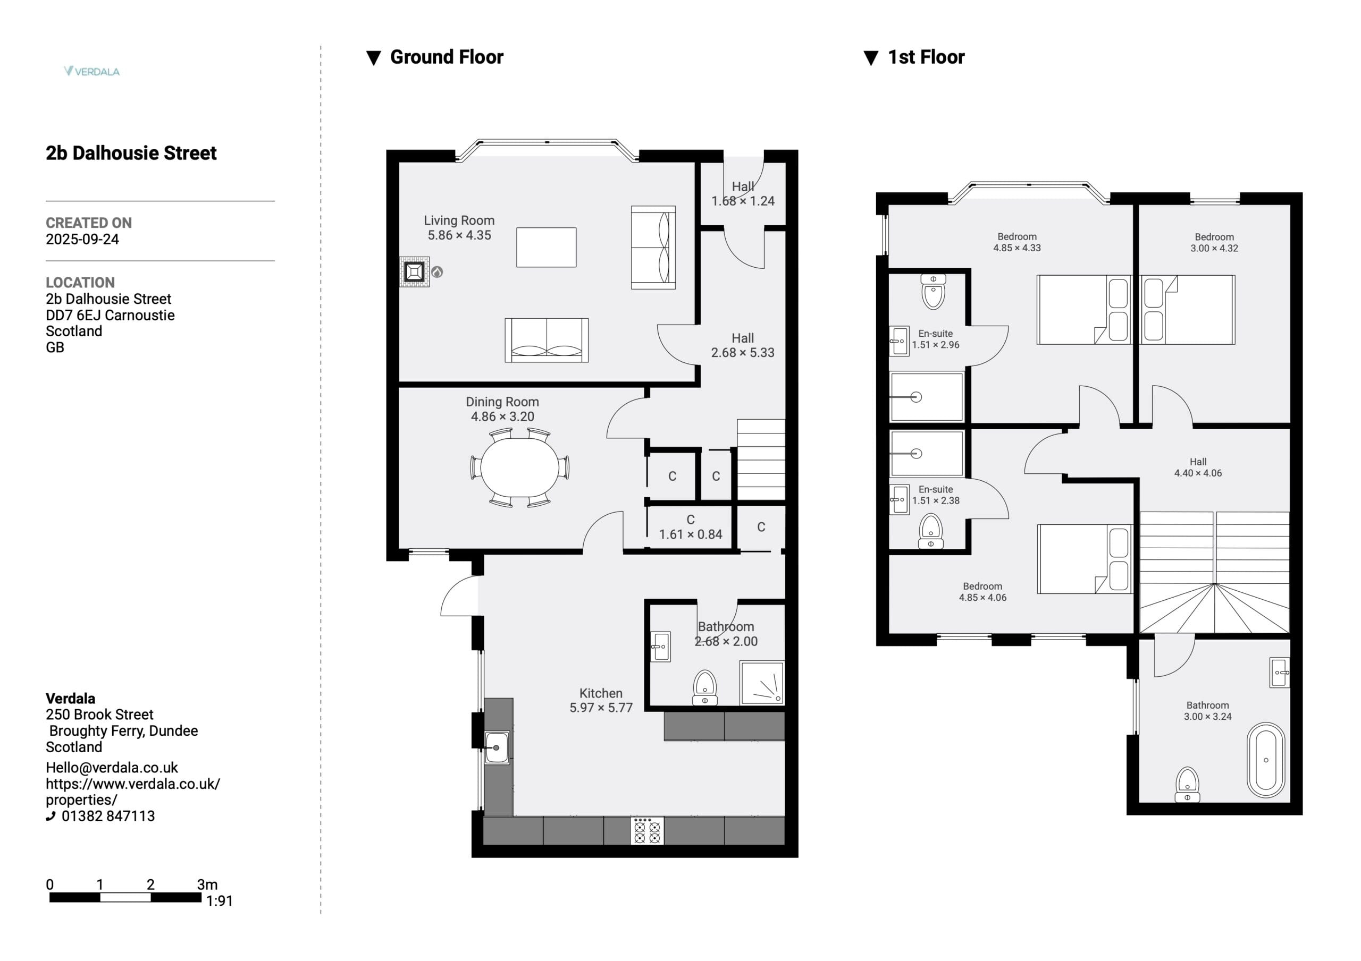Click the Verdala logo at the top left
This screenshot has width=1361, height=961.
pyautogui.click(x=91, y=71)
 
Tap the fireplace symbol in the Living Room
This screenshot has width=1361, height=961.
pyautogui.click(x=414, y=272)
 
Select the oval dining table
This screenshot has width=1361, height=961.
pyautogui.click(x=520, y=467)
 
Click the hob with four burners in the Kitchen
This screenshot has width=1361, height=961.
pyautogui.click(x=646, y=831)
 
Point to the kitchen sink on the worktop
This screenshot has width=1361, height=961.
pyautogui.click(x=497, y=747)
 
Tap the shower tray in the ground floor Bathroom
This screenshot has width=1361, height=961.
pyautogui.click(x=762, y=683)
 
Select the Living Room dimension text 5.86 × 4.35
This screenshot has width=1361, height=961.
pyautogui.click(x=459, y=235)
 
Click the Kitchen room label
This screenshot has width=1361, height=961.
pyautogui.click(x=600, y=693)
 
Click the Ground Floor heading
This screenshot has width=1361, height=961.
pyautogui.click(x=447, y=57)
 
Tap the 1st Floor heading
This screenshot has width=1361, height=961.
pyautogui.click(x=926, y=57)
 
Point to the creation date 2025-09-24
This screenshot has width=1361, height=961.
pyautogui.click(x=82, y=240)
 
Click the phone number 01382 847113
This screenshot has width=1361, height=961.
pyautogui.click(x=108, y=816)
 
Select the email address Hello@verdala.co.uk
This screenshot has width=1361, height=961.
pyautogui.click(x=112, y=768)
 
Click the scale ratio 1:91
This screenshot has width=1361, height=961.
pyautogui.click(x=220, y=901)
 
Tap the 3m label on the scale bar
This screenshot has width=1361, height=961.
pyautogui.click(x=207, y=885)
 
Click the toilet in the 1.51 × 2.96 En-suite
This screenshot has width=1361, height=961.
pyautogui.click(x=933, y=292)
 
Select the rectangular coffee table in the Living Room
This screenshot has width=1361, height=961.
pyautogui.click(x=546, y=248)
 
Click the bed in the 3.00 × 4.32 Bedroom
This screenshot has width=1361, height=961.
pyautogui.click(x=1188, y=310)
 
